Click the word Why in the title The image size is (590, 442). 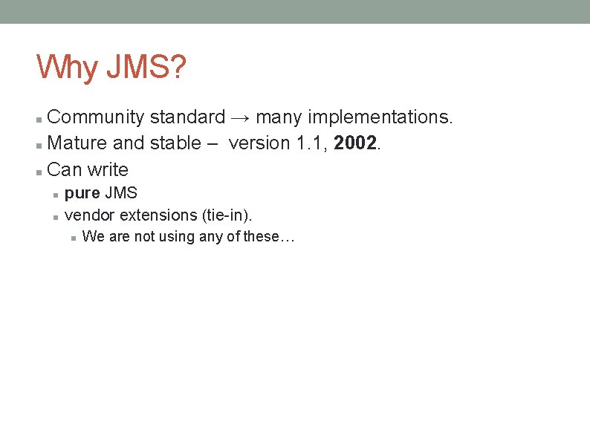pyautogui.click(x=67, y=68)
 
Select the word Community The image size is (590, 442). pyautogui.click(x=96, y=117)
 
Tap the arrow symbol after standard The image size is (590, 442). pyautogui.click(x=240, y=117)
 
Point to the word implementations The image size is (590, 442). pyautogui.click(x=380, y=117)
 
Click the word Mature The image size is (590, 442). pyautogui.click(x=77, y=143)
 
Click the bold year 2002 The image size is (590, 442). pyautogui.click(x=356, y=143)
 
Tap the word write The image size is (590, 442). pyautogui.click(x=108, y=169)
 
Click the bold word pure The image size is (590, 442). pyautogui.click(x=82, y=194)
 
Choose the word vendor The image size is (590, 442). pyautogui.click(x=89, y=215)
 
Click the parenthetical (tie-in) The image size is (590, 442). pyautogui.click(x=227, y=215)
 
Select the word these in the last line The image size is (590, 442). pyautogui.click(x=260, y=237)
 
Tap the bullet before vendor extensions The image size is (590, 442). pyautogui.click(x=56, y=217)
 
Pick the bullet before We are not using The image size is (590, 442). pyautogui.click(x=74, y=238)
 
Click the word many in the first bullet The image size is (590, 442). pyautogui.click(x=279, y=117)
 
